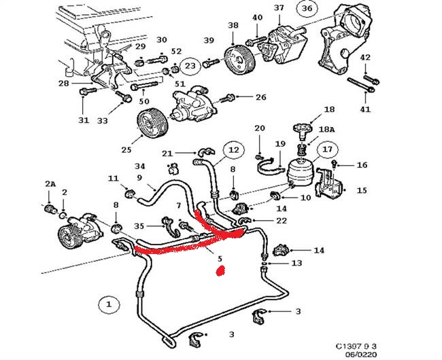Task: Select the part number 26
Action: tap(260, 97)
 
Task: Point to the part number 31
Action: tap(83, 120)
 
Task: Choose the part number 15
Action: tap(361, 191)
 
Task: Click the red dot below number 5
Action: tap(220, 270)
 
